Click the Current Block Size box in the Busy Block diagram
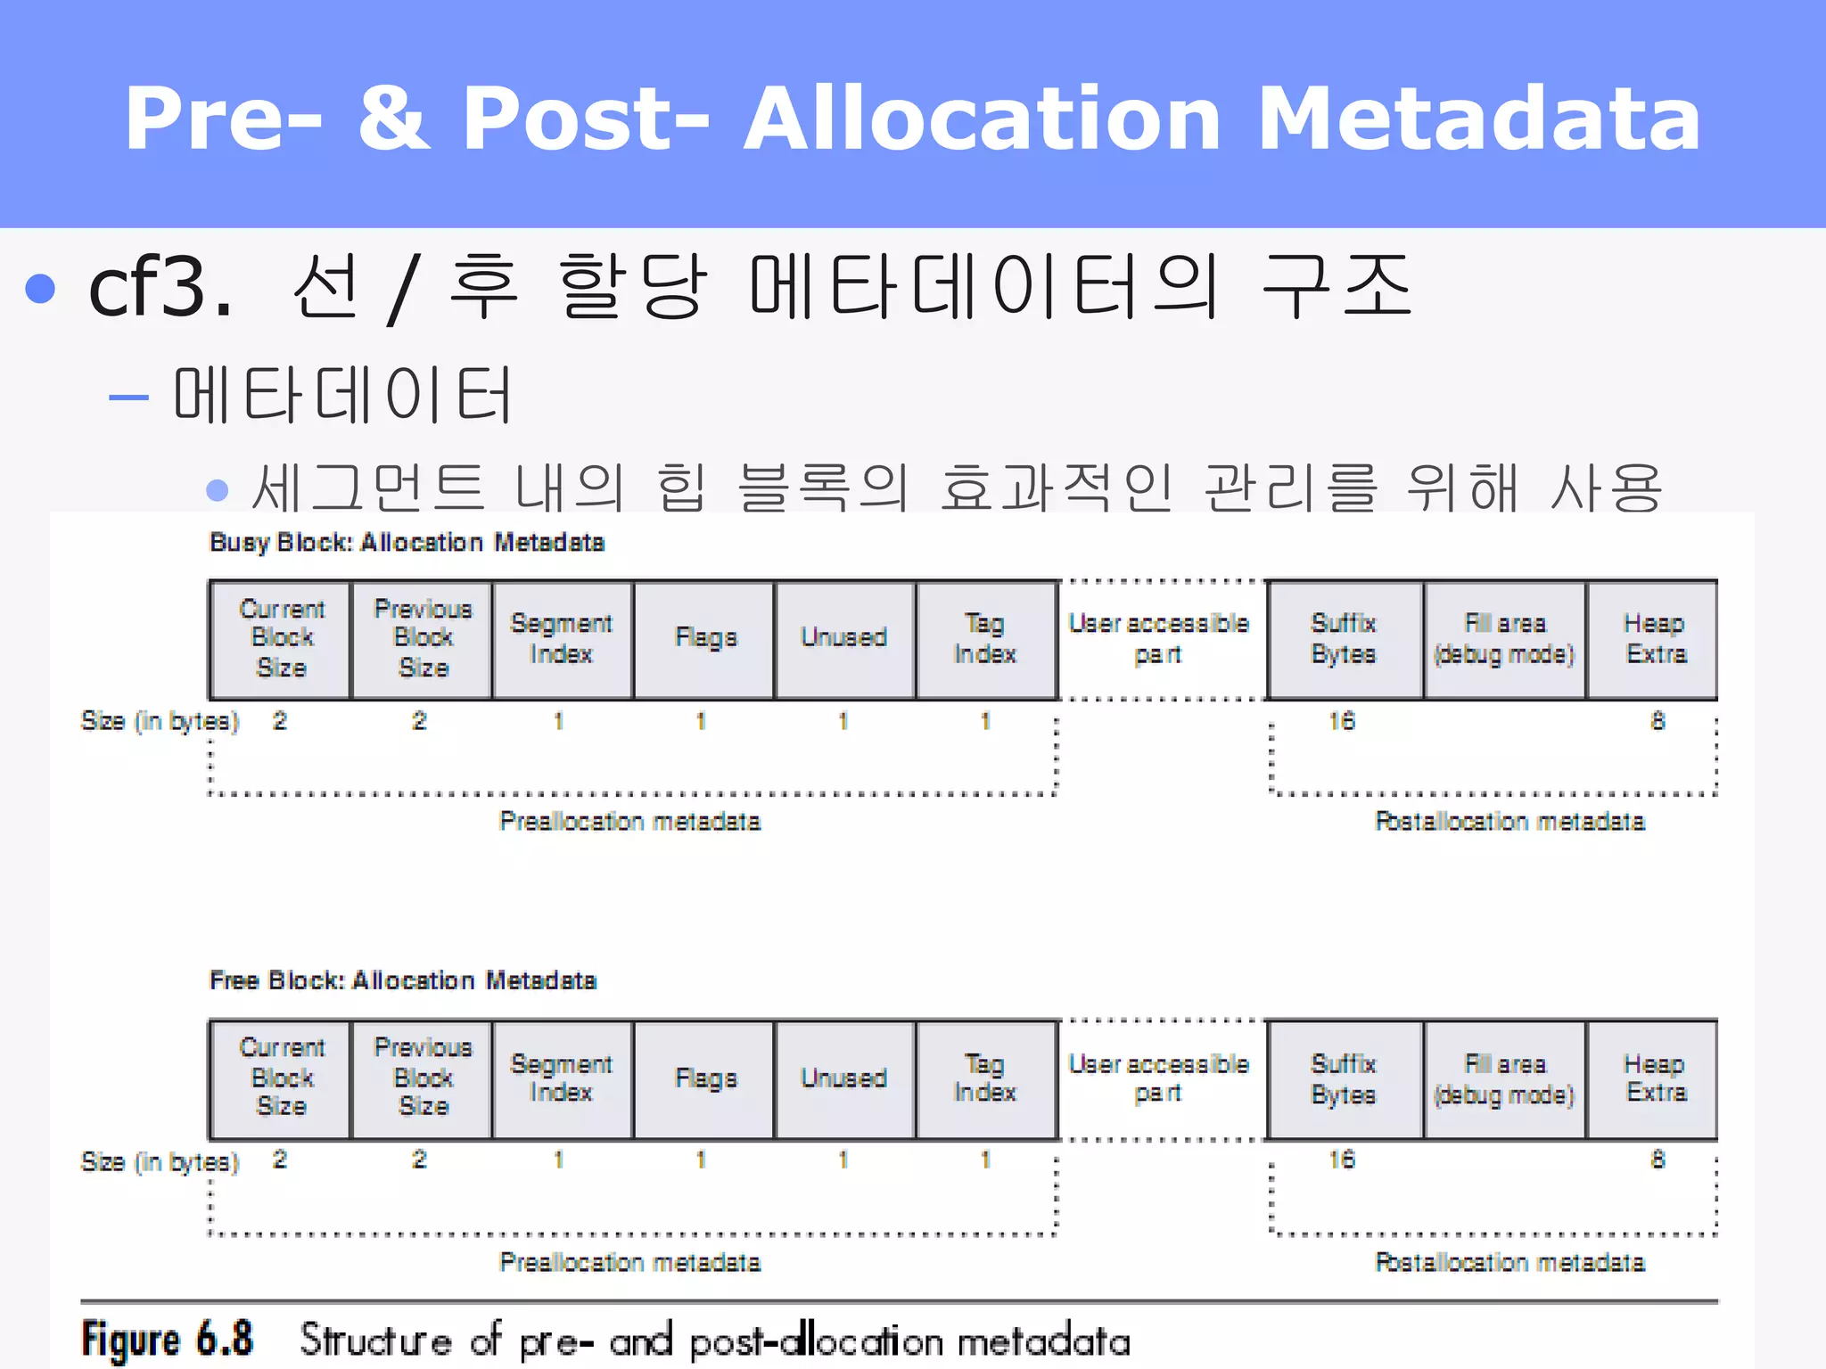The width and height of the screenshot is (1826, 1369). pos(281,638)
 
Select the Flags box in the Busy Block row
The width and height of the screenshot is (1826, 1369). pos(705,638)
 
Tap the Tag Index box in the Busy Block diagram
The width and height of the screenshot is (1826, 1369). pos(985,638)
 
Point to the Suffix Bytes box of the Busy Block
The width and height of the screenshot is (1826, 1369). pos(1344,638)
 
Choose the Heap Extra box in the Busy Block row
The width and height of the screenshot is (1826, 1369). pos(1655,638)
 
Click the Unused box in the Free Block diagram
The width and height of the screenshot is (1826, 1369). pos(843,1078)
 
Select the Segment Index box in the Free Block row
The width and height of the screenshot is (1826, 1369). pos(561,1078)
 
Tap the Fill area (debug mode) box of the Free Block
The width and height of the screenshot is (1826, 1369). pos(1504,1078)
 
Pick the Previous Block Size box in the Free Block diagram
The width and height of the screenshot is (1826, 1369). pos(423,1078)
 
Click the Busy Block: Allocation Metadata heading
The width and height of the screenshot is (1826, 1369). pos(407,542)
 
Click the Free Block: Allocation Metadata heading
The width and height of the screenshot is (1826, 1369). pos(403,980)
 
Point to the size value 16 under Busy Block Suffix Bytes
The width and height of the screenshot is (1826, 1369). pos(1342,720)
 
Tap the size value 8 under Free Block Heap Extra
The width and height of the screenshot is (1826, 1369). pos(1657,1160)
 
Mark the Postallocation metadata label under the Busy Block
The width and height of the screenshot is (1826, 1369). pos(1509,821)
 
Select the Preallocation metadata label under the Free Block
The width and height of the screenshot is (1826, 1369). pos(629,1262)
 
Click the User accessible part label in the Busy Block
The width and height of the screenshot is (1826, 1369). pos(1158,638)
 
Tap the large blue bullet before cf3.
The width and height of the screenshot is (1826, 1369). pos(41,288)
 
